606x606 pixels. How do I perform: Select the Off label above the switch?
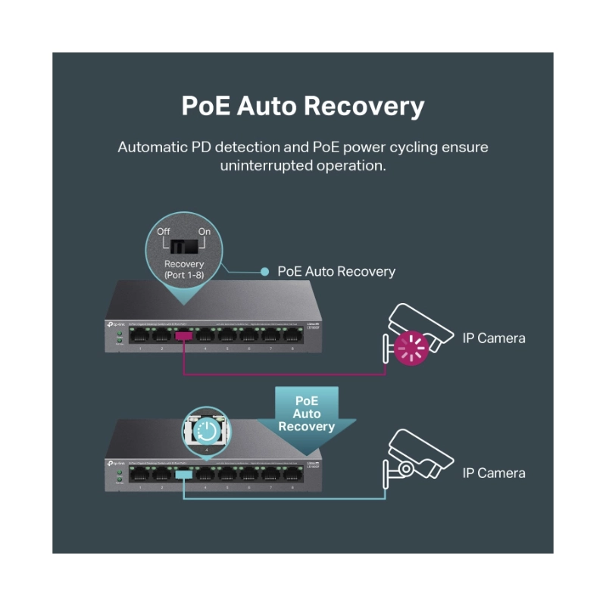click(x=165, y=231)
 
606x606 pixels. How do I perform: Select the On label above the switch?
click(x=204, y=231)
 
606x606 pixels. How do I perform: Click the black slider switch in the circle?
click(x=184, y=246)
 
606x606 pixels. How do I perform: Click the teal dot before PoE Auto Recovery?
click(x=264, y=271)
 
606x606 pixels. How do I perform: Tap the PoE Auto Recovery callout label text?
click(x=336, y=271)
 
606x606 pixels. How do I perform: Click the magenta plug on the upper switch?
click(x=183, y=336)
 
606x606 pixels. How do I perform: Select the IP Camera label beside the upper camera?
click(x=494, y=338)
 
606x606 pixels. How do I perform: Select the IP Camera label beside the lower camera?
click(x=494, y=473)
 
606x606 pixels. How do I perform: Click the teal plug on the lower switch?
click(x=183, y=473)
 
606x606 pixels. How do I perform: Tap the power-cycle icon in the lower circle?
click(x=205, y=433)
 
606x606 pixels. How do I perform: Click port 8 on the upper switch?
click(x=292, y=336)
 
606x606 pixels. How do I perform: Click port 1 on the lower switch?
click(x=139, y=473)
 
